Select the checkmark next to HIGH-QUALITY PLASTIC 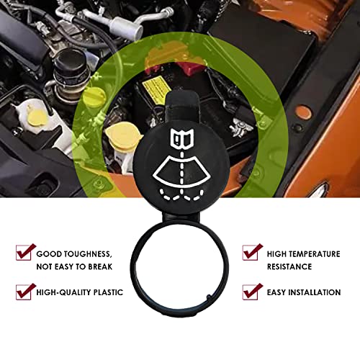coord(25,292)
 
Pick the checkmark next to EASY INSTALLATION coord(251,292)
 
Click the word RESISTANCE coord(290,266)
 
